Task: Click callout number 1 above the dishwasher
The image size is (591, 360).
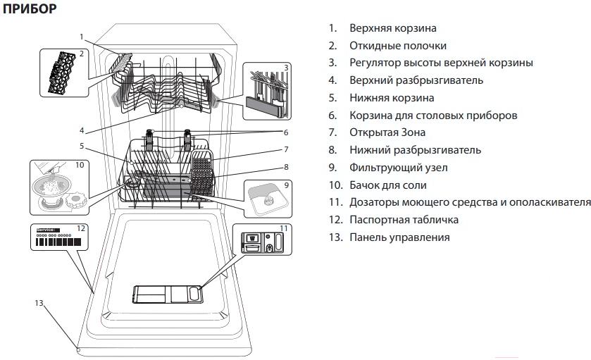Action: [x=82, y=37]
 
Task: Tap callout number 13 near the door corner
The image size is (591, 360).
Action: [x=38, y=302]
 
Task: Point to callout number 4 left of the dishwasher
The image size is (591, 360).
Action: [x=82, y=130]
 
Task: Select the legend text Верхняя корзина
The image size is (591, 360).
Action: [x=392, y=28]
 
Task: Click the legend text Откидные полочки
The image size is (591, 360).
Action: [x=397, y=46]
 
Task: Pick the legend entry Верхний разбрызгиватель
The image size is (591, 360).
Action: [x=416, y=80]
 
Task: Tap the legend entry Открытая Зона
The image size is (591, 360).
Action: [x=387, y=132]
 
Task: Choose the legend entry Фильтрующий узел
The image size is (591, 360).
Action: [x=398, y=168]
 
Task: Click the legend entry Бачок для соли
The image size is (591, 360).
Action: [x=387, y=185]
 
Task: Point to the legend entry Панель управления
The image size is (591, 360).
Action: [x=399, y=237]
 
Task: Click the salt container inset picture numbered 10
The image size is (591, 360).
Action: [x=58, y=187]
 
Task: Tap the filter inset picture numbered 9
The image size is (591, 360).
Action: [x=266, y=199]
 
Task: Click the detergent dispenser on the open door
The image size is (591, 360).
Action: [x=168, y=294]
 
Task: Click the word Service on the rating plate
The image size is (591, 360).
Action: [x=46, y=230]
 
